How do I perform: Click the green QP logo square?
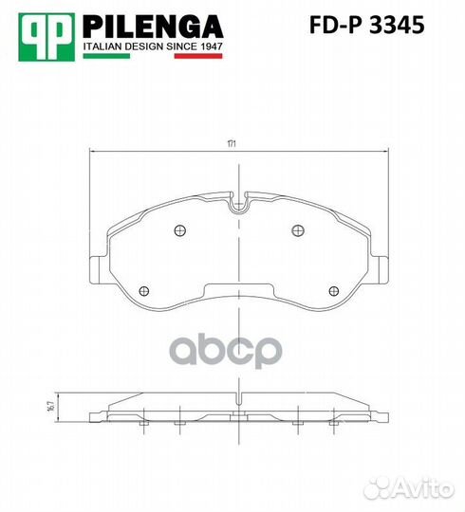coord(46,37)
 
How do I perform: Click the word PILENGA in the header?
coord(153,27)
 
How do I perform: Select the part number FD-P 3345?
coord(366,25)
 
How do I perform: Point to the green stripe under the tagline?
coord(106,56)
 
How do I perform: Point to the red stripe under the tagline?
coord(198,56)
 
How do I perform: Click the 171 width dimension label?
coord(232,144)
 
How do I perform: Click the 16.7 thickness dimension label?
coord(50,407)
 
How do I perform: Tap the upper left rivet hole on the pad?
coord(180,230)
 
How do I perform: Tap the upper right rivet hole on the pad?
coord(298,230)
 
